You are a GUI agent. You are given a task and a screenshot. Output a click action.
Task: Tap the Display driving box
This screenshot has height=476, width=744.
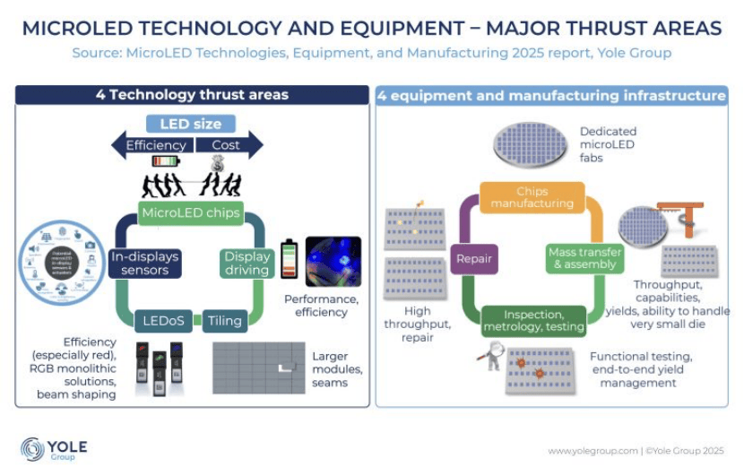click(246, 263)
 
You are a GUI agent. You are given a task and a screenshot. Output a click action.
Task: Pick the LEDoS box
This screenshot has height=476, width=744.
click(164, 320)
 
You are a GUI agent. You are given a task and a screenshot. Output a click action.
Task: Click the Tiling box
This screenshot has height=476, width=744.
click(224, 320)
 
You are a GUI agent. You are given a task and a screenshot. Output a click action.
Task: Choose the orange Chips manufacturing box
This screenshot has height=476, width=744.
click(532, 197)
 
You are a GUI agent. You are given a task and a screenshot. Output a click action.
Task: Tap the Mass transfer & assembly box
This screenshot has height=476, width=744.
click(582, 258)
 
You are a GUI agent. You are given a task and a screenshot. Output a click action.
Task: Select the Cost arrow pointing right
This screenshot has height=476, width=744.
click(229, 145)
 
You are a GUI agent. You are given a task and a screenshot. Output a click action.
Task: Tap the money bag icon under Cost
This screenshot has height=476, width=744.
click(217, 163)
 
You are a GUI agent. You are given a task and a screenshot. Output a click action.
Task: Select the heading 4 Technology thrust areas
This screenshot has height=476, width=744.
click(192, 95)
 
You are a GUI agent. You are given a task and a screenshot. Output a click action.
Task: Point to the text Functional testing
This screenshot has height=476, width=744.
click(640, 357)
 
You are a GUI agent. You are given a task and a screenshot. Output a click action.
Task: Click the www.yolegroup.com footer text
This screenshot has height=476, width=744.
click(592, 450)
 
